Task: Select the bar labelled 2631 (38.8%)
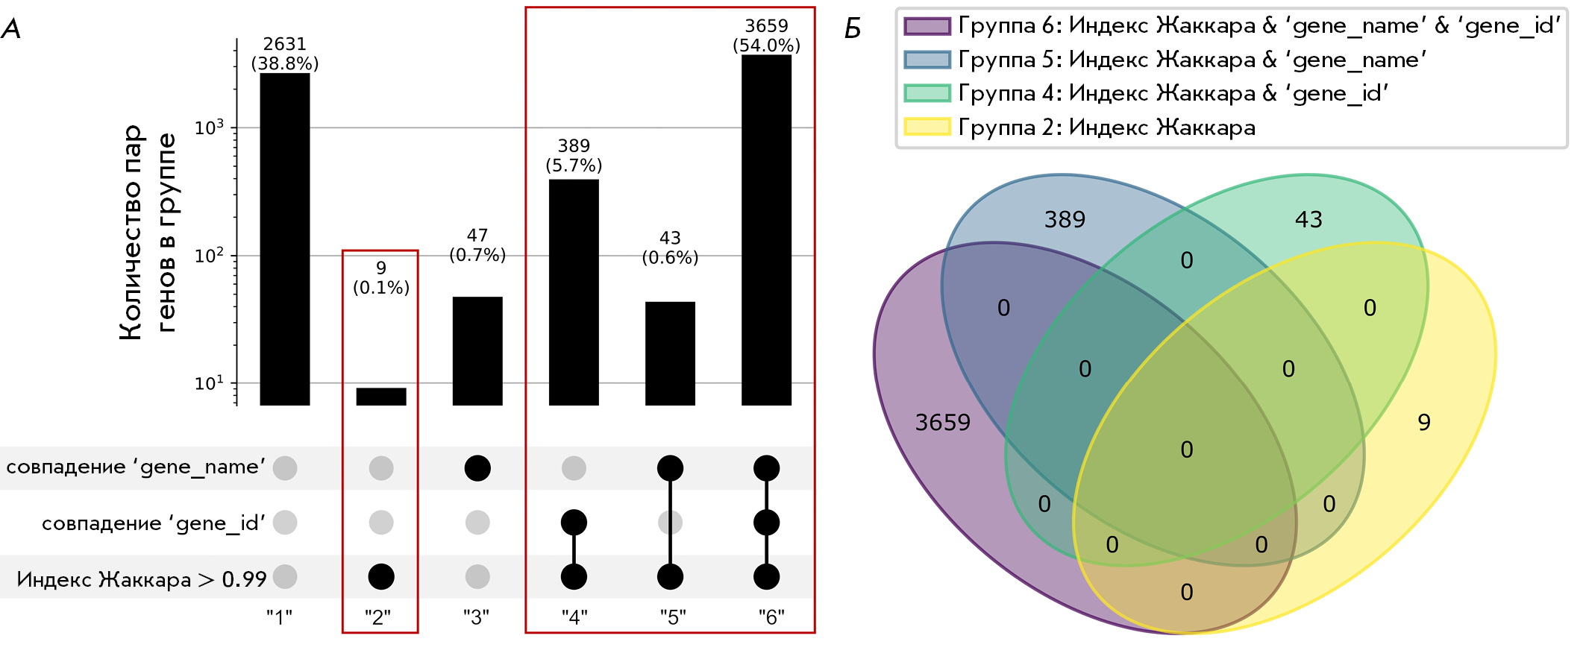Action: [x=285, y=239]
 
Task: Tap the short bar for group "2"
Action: [x=381, y=396]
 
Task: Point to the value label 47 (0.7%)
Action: [x=477, y=245]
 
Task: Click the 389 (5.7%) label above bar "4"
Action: [x=574, y=155]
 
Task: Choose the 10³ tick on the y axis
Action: [x=209, y=128]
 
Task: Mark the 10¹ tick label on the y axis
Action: [x=209, y=384]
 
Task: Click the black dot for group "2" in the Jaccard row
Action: [x=381, y=576]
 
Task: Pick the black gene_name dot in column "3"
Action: [x=477, y=468]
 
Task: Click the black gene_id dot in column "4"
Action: [x=574, y=522]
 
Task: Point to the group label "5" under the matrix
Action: [x=673, y=617]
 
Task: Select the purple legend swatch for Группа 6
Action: [x=927, y=26]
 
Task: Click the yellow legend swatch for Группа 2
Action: [x=927, y=127]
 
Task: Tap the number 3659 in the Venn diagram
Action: [x=943, y=423]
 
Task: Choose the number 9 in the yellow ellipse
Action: [x=1424, y=423]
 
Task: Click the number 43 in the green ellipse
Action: [x=1308, y=219]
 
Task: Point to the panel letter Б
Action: [x=853, y=29]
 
